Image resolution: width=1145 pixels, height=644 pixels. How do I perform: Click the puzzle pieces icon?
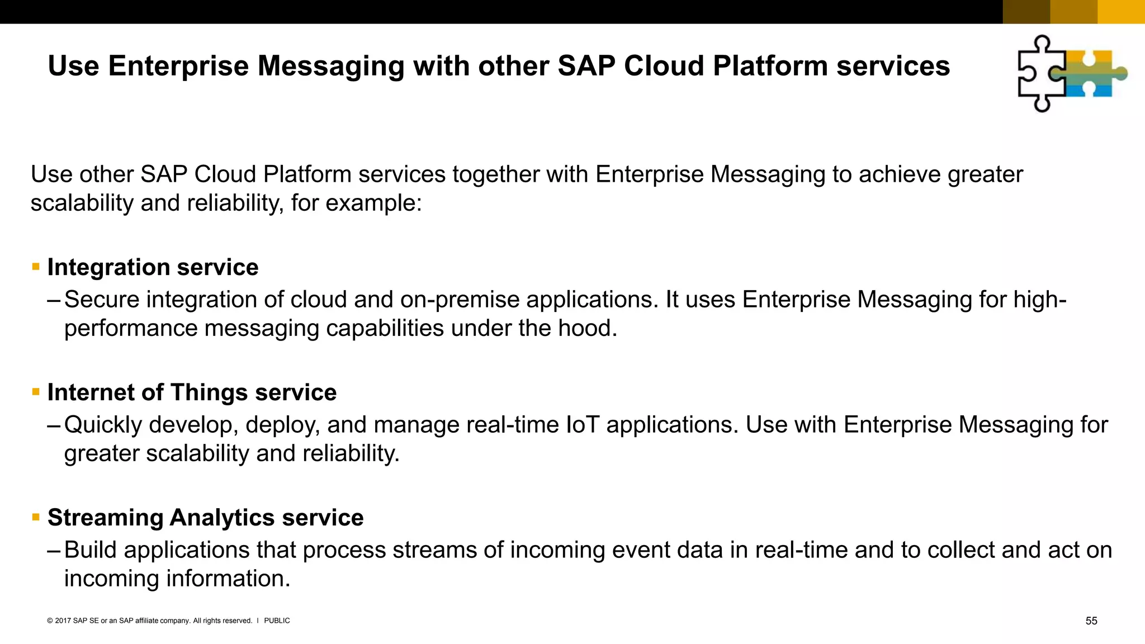click(1071, 73)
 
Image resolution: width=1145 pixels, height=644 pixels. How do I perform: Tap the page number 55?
click(1091, 621)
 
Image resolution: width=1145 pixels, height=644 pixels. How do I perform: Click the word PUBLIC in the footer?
click(277, 621)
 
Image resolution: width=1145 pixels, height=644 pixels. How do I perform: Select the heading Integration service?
click(153, 267)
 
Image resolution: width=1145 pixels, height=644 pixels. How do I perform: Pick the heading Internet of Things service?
click(192, 392)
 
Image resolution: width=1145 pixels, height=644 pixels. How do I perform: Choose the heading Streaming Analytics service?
click(205, 518)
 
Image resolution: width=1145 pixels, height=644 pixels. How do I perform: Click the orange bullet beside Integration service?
click(36, 267)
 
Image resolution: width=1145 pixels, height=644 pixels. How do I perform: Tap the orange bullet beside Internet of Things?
click(36, 392)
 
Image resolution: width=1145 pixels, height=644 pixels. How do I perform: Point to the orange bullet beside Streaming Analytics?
click(36, 517)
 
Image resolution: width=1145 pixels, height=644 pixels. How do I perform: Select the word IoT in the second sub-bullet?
click(583, 425)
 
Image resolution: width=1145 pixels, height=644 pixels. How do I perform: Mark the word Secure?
click(102, 300)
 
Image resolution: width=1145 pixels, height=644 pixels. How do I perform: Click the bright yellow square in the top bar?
click(1121, 12)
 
